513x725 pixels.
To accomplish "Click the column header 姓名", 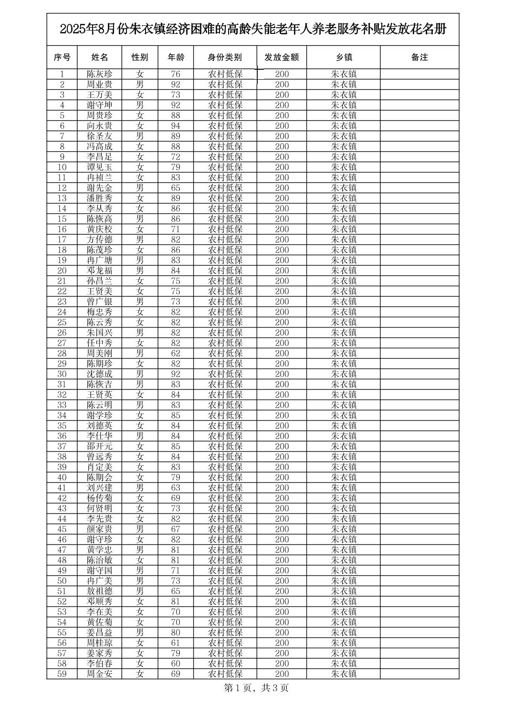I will pos(99,57).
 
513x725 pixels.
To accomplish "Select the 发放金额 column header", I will pos(282,57).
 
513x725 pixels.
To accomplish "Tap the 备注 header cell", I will pos(419,57).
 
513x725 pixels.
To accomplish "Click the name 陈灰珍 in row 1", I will pos(99,74).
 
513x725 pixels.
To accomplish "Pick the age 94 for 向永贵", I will pos(176,126).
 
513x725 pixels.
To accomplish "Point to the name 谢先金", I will pos(99,188).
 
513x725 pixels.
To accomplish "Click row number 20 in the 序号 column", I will pos(62,271).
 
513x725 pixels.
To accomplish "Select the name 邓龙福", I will pos(99,271).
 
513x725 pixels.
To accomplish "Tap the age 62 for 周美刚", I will pos(176,354).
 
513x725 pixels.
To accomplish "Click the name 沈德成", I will pos(99,374).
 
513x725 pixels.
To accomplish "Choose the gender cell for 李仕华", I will pos(140,436).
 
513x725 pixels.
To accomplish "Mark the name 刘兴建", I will pos(99,488).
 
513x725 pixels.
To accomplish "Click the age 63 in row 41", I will pos(176,488).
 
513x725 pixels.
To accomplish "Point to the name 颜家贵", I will pos(99,529).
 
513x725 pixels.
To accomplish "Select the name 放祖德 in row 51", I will pos(99,591).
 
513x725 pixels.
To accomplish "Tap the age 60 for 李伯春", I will pos(176,664).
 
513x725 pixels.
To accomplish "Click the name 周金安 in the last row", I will pos(99,674).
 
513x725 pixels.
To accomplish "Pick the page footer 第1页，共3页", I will pos(256,688).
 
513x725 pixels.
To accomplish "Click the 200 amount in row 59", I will pos(282,674).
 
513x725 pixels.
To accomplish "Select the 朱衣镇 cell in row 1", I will pos(344,74).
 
